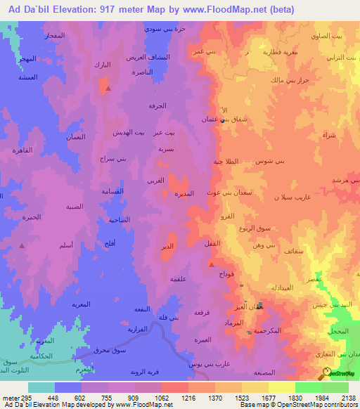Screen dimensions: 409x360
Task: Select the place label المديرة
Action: pyautogui.click(x=184, y=193)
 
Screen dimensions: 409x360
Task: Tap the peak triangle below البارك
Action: pyautogui.click(x=107, y=89)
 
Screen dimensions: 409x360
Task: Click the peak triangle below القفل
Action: pyautogui.click(x=212, y=264)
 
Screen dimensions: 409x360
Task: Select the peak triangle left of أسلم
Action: pyautogui.click(x=22, y=246)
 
